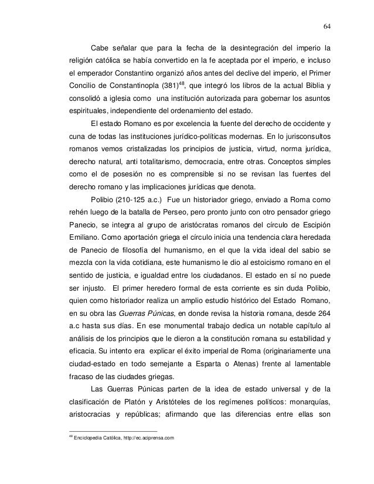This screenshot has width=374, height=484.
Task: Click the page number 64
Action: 327,25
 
